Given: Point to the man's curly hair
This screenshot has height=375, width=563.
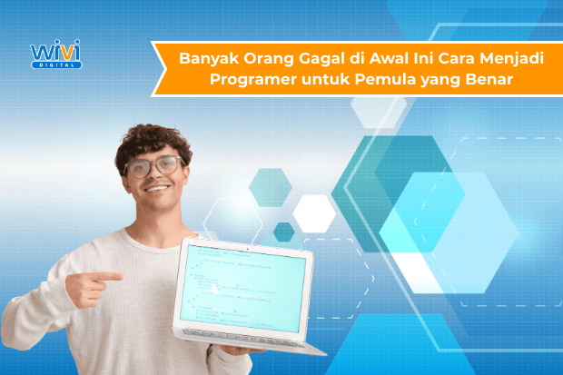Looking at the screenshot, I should click(151, 139).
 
